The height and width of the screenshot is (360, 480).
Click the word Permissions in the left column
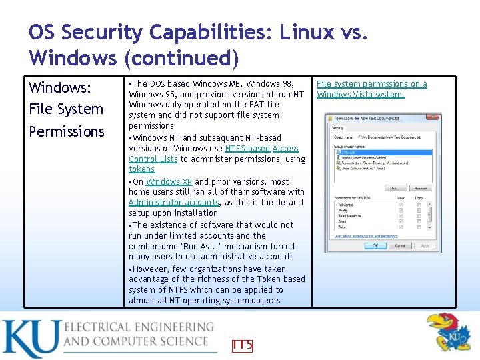(x=67, y=131)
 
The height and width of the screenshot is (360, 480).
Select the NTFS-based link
(x=247, y=148)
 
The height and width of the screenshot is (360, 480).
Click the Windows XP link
(x=169, y=181)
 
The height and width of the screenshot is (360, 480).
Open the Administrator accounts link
(x=173, y=202)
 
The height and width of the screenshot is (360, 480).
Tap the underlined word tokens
(x=141, y=169)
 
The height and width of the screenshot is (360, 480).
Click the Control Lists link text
(x=153, y=159)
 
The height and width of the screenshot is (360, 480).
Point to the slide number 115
(x=242, y=345)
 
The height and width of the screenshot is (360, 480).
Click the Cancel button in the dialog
(x=400, y=245)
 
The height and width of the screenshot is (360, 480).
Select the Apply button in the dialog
(x=425, y=245)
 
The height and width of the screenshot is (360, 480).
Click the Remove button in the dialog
(x=419, y=188)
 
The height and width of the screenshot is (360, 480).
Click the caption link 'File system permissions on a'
(x=371, y=84)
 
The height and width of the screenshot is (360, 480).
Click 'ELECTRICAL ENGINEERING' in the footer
(x=139, y=327)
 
